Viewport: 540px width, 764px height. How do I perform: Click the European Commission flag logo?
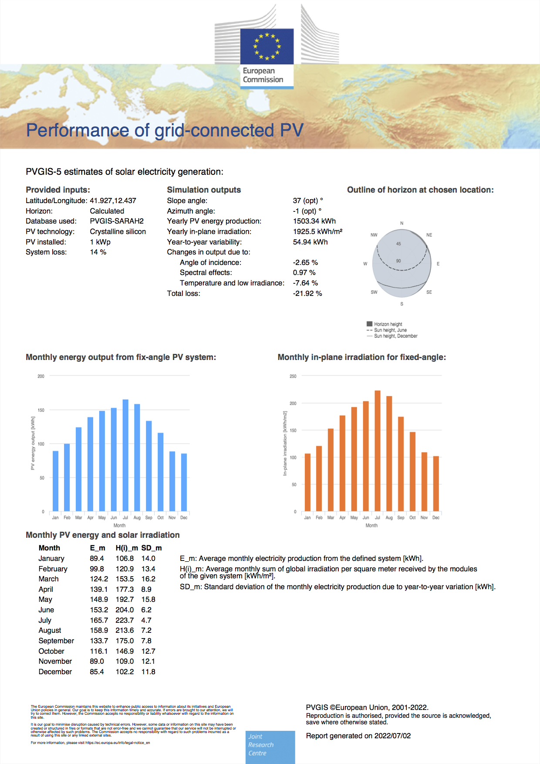click(267, 46)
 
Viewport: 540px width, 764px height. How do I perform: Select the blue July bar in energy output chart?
click(125, 455)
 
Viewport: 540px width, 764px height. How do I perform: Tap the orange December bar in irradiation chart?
click(436, 483)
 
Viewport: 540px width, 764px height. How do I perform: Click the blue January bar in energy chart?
click(55, 481)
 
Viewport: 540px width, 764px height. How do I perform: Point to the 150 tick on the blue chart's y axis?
click(41, 410)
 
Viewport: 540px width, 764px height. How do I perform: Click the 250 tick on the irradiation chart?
click(293, 376)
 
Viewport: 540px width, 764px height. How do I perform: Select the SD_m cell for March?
click(148, 579)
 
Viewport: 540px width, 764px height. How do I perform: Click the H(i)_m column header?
click(126, 548)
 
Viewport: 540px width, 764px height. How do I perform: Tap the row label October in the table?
click(51, 651)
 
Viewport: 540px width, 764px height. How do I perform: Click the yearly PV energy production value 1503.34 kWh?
click(314, 221)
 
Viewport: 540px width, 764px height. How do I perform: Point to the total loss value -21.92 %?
click(307, 293)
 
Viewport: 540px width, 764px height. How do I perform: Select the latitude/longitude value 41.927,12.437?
click(113, 200)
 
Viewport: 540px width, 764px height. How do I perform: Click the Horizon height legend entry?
click(388, 324)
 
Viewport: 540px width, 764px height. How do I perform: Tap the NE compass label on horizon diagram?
click(429, 235)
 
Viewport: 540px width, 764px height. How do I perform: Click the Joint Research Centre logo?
click(270, 747)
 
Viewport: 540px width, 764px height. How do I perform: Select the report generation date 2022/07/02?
click(392, 736)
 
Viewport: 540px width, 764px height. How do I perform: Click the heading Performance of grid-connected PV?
click(165, 130)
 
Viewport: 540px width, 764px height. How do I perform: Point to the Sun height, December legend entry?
click(395, 336)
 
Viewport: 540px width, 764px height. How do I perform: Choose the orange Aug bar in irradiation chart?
click(389, 453)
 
